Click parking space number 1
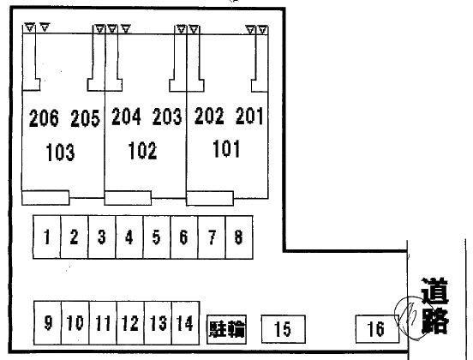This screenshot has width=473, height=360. click(x=47, y=237)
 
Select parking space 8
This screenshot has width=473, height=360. click(x=239, y=237)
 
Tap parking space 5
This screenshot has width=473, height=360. click(x=157, y=237)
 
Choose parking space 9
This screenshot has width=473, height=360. click(x=48, y=323)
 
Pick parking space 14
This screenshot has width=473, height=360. click(x=185, y=323)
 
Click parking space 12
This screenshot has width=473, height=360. click(x=130, y=323)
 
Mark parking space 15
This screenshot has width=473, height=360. click(x=283, y=329)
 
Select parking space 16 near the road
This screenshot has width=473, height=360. click(x=377, y=329)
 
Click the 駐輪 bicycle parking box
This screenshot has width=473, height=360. click(x=226, y=329)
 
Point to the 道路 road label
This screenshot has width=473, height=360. click(x=434, y=306)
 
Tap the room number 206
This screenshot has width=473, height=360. click(x=44, y=118)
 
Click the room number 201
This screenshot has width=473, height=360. click(x=249, y=116)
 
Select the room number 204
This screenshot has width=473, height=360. click(x=126, y=117)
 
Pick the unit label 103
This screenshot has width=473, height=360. click(x=60, y=152)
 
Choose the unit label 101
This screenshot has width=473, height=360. click(x=226, y=148)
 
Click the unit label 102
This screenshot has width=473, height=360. click(x=143, y=151)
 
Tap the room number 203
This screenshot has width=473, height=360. click(x=167, y=117)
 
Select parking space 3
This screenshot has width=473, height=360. click(x=102, y=237)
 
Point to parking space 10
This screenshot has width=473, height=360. click(x=75, y=323)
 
